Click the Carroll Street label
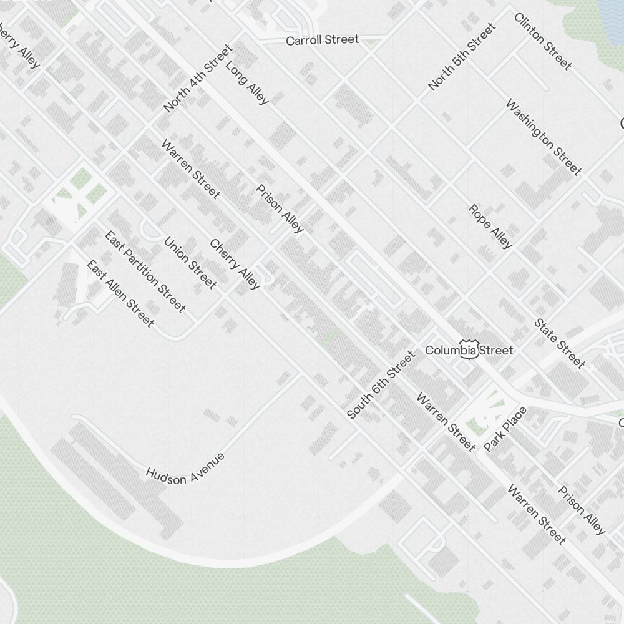322,40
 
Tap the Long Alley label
247,82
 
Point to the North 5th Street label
462,56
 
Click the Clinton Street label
543,41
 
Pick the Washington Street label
543,137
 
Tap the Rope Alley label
490,227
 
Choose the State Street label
560,343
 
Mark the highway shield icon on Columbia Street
469,349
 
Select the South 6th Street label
381,385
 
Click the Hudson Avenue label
185,467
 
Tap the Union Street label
190,263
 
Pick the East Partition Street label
145,271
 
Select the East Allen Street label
120,294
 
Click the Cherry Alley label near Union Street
235,265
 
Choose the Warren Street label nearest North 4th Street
190,169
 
